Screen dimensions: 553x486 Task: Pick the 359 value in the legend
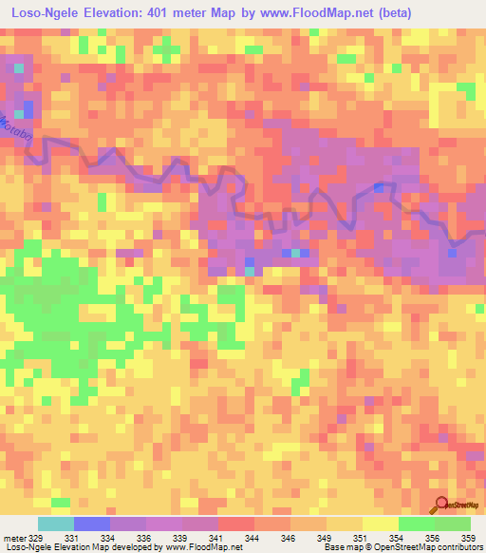pos(466,538)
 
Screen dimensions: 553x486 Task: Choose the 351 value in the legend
pos(359,538)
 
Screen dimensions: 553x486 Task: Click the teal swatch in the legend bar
pos(55,524)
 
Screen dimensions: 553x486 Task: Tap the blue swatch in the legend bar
pos(91,524)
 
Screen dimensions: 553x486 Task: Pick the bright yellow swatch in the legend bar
pos(380,524)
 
